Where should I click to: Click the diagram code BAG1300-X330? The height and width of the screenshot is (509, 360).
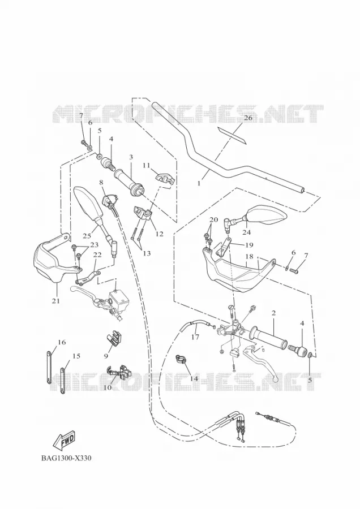(x=66, y=458)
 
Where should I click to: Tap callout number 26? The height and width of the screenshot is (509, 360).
(x=248, y=118)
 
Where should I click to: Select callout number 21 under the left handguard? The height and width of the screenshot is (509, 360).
(x=56, y=301)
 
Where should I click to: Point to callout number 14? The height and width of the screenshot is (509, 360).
(x=194, y=378)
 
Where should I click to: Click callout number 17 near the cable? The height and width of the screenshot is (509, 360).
(x=195, y=337)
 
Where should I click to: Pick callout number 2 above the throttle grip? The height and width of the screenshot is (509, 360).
(x=273, y=313)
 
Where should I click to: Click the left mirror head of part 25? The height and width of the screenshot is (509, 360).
(x=88, y=205)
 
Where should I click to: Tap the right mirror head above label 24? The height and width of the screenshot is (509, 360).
(x=267, y=217)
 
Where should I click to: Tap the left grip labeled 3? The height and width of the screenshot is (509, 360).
(x=128, y=183)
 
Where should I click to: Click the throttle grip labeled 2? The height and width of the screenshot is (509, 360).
(x=268, y=339)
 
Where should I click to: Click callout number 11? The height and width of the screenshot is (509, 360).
(x=146, y=166)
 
